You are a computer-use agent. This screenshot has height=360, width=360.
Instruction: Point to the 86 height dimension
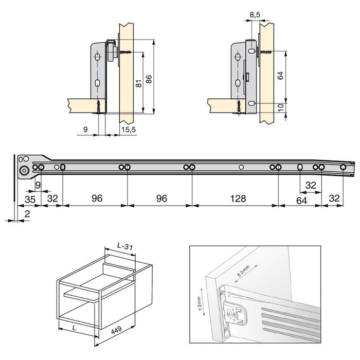pyautogui.click(x=150, y=79)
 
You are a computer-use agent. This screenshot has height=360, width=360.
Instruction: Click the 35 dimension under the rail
pyautogui.click(x=29, y=198)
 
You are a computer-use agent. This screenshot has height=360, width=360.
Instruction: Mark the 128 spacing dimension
pyautogui.click(x=236, y=198)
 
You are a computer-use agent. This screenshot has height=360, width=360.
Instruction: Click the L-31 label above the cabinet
pyautogui.click(x=125, y=247)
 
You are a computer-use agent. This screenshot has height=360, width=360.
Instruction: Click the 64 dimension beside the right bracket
pyautogui.click(x=280, y=76)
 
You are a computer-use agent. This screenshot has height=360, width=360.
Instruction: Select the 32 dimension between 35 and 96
pyautogui.click(x=52, y=198)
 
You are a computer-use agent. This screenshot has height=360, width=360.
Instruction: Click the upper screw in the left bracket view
pyautogui.click(x=125, y=51)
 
